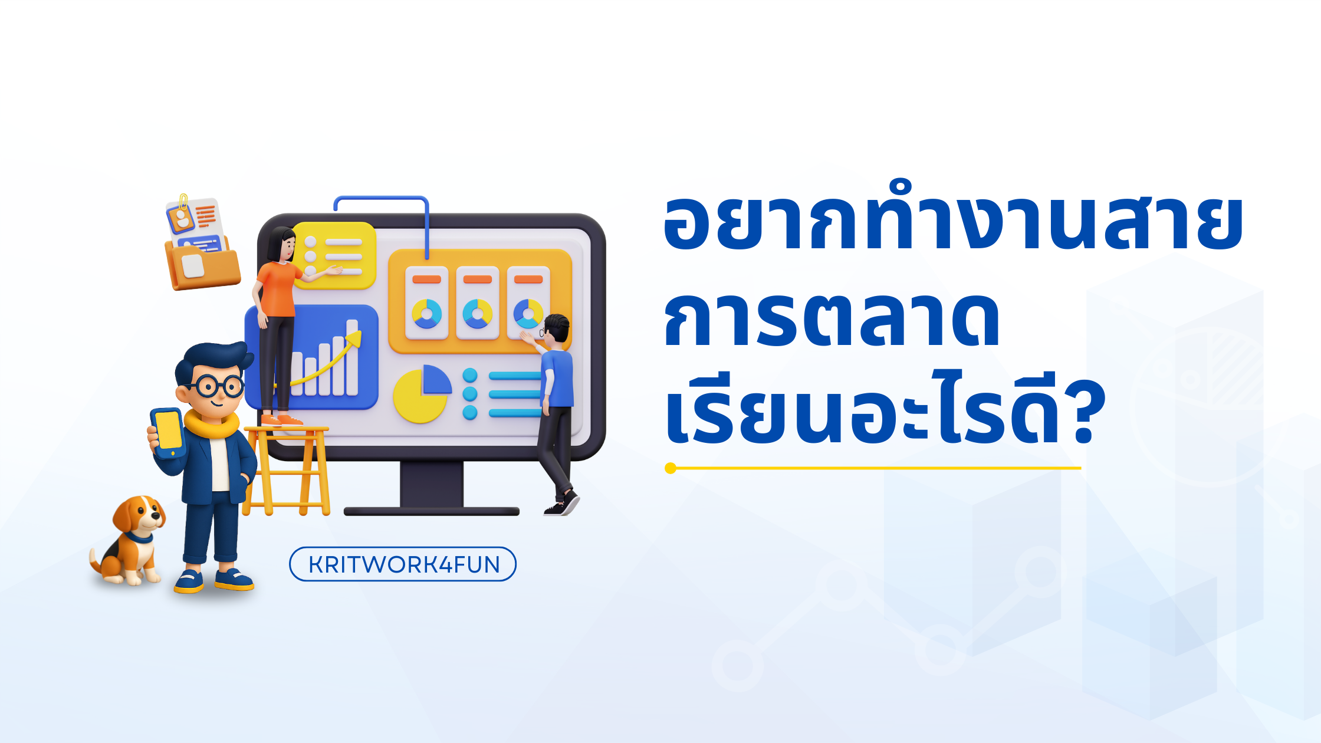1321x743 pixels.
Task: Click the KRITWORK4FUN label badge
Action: click(x=403, y=564)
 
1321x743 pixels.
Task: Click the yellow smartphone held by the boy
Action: click(x=168, y=432)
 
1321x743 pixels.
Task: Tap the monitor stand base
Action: click(x=431, y=511)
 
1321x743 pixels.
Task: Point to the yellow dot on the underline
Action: click(x=670, y=468)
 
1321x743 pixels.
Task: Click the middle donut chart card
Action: click(x=478, y=303)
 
